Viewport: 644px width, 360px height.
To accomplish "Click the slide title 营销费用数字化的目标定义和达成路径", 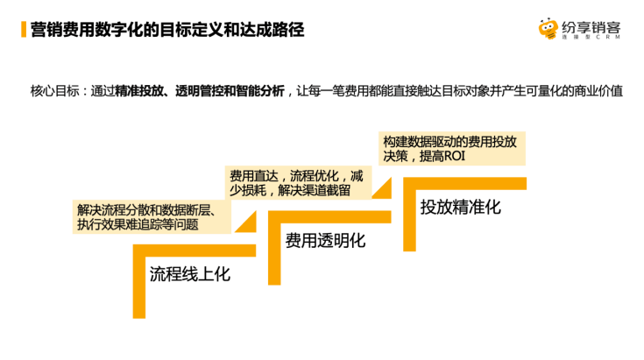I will [x=162, y=30].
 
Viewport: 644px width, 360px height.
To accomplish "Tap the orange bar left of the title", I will [x=22, y=30].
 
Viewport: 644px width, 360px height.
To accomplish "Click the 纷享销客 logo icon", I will [x=548, y=30].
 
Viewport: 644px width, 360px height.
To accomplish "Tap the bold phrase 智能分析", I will [x=259, y=90].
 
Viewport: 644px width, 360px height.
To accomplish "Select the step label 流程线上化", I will [x=189, y=273].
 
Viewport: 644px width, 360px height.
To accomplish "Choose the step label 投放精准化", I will [x=460, y=208].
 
